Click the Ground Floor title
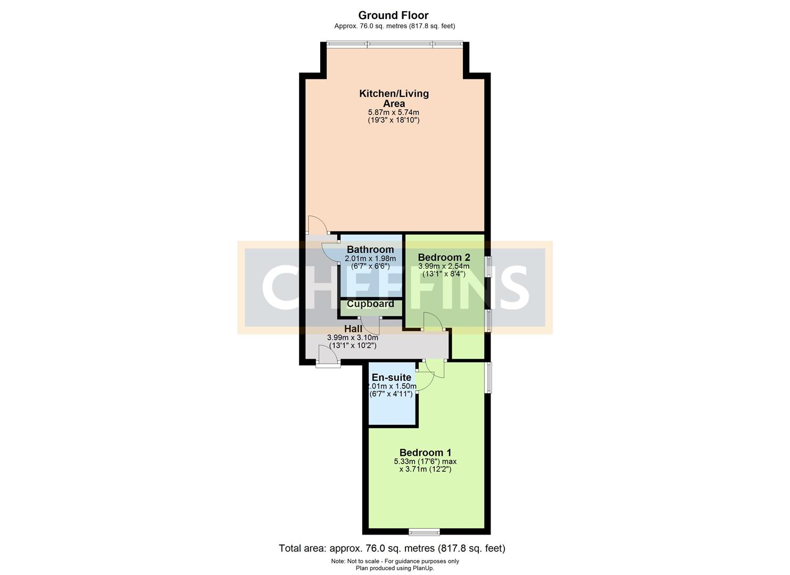393,15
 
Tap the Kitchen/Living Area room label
394,98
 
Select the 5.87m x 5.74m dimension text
394,112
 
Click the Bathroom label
370,250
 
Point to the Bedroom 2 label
444,258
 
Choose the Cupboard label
370,304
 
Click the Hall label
353,329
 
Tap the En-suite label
391,377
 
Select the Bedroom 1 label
425,453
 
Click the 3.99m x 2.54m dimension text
444,266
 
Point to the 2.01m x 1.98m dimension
370,258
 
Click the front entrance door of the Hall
328,357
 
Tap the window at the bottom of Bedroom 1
424,531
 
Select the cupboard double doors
370,324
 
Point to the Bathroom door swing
330,252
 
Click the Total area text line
392,548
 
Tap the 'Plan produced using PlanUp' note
395,568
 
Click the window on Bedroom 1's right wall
488,377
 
